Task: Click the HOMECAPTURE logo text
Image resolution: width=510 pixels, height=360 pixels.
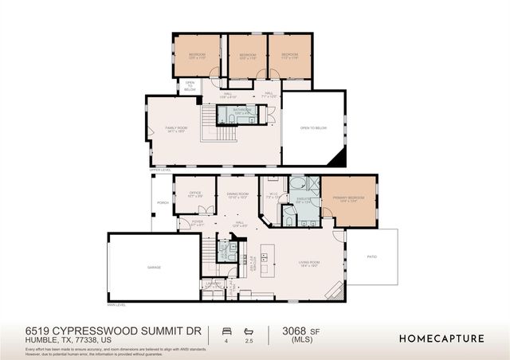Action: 441,338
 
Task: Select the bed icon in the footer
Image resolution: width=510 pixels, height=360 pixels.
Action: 226,330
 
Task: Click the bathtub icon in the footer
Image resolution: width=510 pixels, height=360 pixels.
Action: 249,330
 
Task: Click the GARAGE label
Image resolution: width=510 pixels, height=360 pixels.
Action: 155,268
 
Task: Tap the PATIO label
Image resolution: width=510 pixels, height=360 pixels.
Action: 372,256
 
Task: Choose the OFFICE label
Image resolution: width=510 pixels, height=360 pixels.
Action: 194,193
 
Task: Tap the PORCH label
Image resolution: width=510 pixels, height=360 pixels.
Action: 163,203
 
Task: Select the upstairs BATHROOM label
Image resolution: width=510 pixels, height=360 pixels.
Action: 242,110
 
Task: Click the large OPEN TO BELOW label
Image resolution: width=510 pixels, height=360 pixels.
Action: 313,127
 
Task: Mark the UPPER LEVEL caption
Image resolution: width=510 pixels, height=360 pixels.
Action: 160,170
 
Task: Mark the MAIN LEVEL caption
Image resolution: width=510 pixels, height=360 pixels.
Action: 116,304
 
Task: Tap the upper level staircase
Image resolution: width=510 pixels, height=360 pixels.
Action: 209,123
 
